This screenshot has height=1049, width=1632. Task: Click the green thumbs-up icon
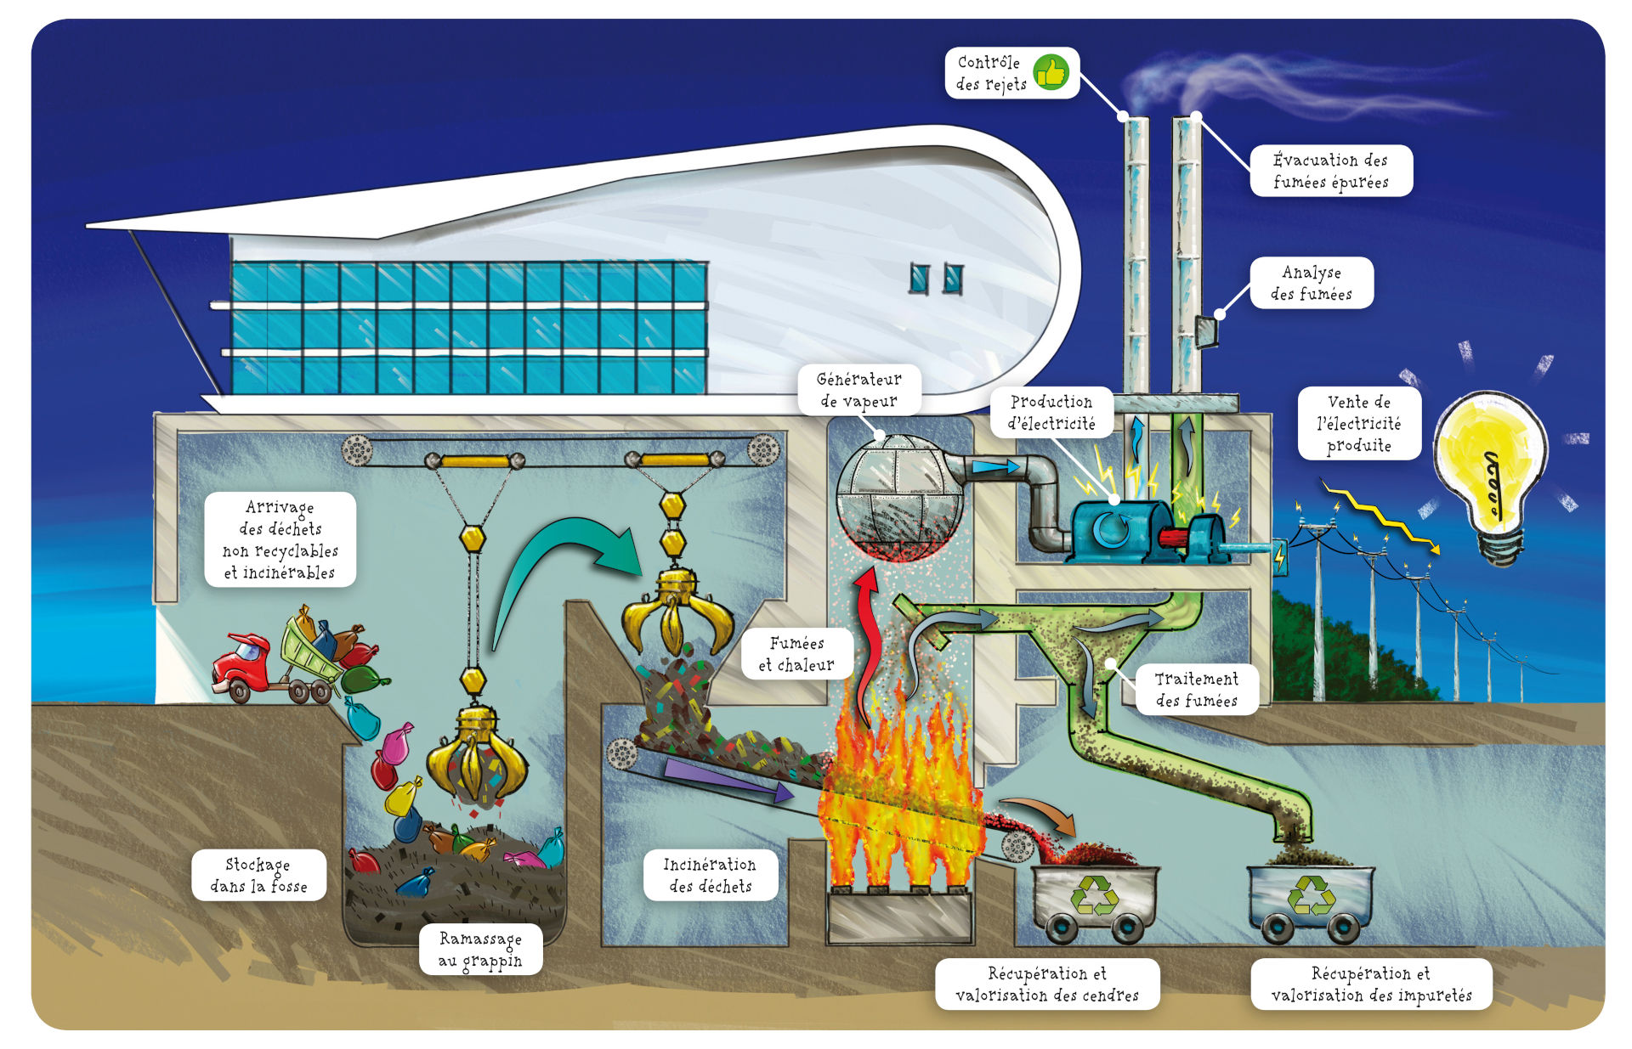click(x=1051, y=73)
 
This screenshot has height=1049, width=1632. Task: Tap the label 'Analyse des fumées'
click(x=1311, y=283)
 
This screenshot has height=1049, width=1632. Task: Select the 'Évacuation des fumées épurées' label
click(x=1330, y=171)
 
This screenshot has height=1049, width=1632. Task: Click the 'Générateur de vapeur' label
click(x=858, y=390)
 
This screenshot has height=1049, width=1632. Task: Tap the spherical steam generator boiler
click(x=899, y=498)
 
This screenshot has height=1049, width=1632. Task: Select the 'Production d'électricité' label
click(x=1051, y=412)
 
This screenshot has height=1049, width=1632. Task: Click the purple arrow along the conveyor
click(x=727, y=781)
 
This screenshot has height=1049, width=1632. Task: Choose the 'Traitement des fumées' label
click(x=1196, y=689)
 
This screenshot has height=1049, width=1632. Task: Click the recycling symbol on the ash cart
click(x=1094, y=896)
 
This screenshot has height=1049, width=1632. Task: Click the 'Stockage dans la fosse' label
click(x=258, y=875)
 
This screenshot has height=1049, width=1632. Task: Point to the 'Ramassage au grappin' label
click(x=480, y=949)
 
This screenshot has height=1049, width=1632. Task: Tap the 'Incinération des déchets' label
click(x=710, y=875)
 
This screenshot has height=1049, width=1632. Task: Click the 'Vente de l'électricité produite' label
click(x=1358, y=423)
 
